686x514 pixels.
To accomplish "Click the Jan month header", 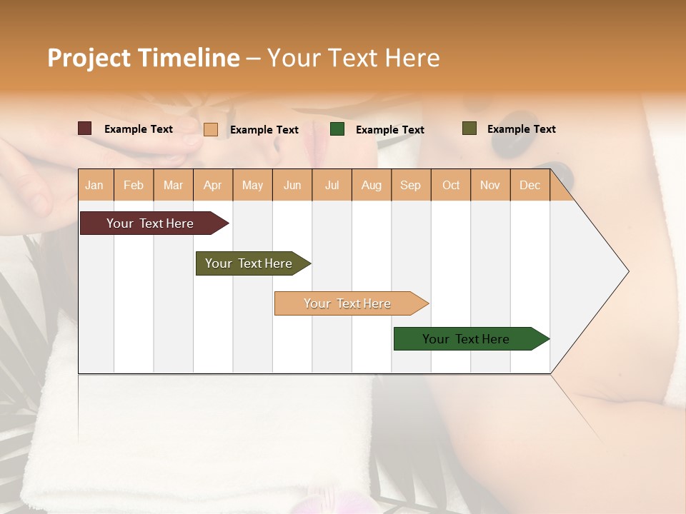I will point(94,185).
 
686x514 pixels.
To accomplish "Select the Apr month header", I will point(212,185).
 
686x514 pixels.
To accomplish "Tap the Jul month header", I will point(332,185).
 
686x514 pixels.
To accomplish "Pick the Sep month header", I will point(410,185).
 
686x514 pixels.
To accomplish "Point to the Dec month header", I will point(530,185).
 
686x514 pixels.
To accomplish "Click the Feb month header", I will point(134,185).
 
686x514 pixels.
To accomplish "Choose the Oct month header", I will point(451,185).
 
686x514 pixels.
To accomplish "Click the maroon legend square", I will point(85,128).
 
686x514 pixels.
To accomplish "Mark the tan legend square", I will point(211,129).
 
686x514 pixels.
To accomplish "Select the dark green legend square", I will point(337,129).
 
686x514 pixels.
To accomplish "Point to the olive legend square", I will point(469,128).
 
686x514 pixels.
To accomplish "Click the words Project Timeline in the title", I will point(143,58).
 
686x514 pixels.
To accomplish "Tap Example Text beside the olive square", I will point(521,129).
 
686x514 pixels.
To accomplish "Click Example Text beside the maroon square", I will point(138,129).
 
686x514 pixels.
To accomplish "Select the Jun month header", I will point(292,185).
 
